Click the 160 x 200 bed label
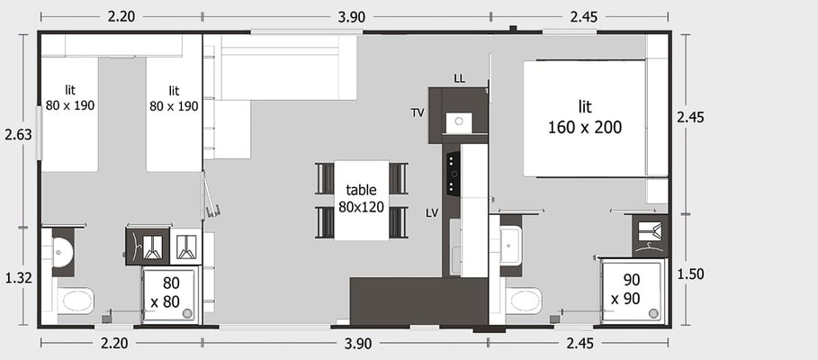pos(585,117)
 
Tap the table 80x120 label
pos(361,198)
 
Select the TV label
pos(417,112)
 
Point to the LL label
pos(459,79)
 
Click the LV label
pos(431,213)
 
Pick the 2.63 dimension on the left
pos(18,135)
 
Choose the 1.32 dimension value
pos(18,278)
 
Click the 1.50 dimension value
pos(690,274)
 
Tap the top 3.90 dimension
pos(351,17)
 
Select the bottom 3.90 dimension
pos(358,344)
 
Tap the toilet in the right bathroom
pos(523,301)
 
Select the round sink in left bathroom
pos(64,251)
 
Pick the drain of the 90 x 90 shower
pos(653,312)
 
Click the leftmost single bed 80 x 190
pos(69,114)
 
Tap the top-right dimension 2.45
pos(583,17)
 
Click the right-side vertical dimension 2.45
pos(690,117)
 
